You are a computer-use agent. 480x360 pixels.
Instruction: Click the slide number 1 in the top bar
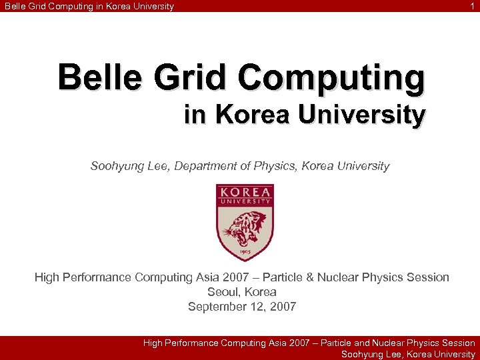pyautogui.click(x=473, y=6)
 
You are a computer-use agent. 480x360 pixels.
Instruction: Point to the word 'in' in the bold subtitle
pyautogui.click(x=195, y=115)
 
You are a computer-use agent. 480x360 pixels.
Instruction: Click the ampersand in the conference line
pyautogui.click(x=320, y=277)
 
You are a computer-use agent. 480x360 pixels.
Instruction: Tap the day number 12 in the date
pyautogui.click(x=260, y=307)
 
